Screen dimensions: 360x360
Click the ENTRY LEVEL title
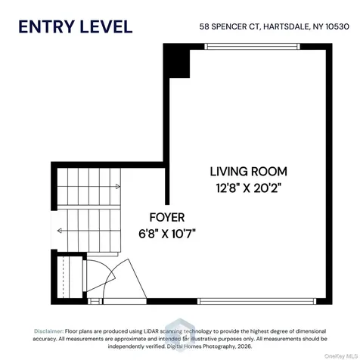(x=76, y=26)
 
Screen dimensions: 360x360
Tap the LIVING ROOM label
(x=249, y=172)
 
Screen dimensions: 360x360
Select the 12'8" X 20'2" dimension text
(x=249, y=188)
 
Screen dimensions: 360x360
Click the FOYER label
(x=167, y=217)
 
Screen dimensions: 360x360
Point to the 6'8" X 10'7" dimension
(x=167, y=234)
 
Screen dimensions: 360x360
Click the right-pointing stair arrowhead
(x=118, y=187)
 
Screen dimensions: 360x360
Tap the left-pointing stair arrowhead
(x=60, y=231)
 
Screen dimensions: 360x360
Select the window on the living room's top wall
(x=252, y=46)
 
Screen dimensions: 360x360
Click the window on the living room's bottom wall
(x=256, y=301)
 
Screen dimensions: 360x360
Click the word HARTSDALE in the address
(x=287, y=26)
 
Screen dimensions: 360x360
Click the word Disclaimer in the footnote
(x=48, y=331)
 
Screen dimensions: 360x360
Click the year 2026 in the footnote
(x=244, y=346)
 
